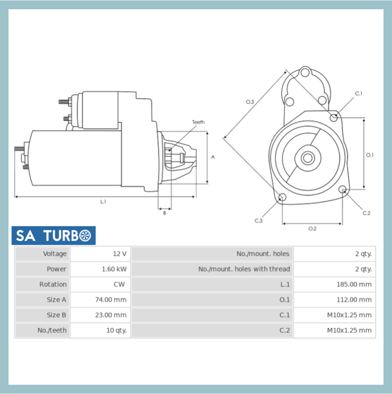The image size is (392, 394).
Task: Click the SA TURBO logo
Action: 53,235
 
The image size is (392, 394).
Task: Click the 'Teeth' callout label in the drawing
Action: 198,122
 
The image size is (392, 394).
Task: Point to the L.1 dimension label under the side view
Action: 103,202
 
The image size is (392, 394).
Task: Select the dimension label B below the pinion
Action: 164,213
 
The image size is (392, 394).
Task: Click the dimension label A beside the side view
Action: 213,157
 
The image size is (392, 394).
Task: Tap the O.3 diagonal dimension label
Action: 250,102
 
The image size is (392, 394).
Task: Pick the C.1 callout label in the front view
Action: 358,93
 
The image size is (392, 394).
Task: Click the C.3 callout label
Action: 258,221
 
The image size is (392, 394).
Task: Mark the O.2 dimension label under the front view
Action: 312,228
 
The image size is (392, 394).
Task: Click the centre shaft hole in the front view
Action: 308,158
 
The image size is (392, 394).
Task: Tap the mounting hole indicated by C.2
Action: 342,189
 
